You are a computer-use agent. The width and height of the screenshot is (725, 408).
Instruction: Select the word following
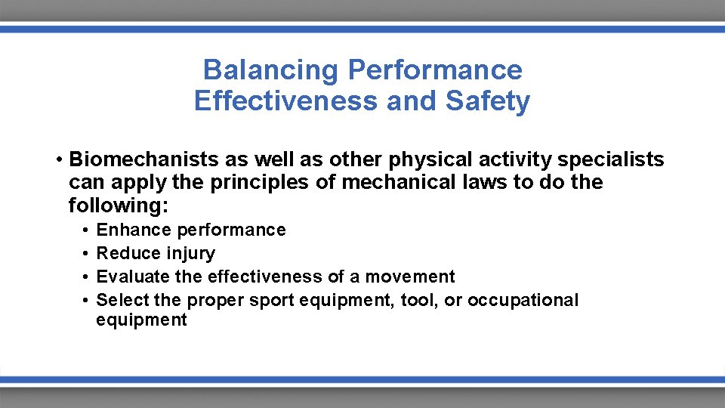[117, 206]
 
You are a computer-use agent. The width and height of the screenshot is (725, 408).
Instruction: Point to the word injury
[192, 253]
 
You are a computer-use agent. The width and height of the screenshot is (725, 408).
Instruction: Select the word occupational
[523, 300]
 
